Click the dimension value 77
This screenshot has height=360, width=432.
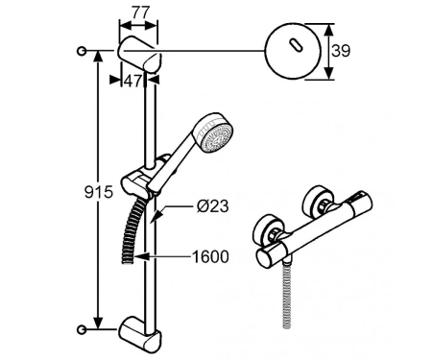point(141,12)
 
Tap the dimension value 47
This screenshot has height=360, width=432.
point(132,81)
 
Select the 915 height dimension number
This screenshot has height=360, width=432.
point(99,192)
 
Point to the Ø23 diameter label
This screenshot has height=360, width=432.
point(212,206)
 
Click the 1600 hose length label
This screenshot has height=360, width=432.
point(210,256)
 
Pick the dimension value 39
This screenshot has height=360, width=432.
point(341,51)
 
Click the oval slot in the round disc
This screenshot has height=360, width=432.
point(296,45)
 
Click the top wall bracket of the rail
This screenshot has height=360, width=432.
point(139,54)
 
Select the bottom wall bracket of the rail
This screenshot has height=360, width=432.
point(140,334)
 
